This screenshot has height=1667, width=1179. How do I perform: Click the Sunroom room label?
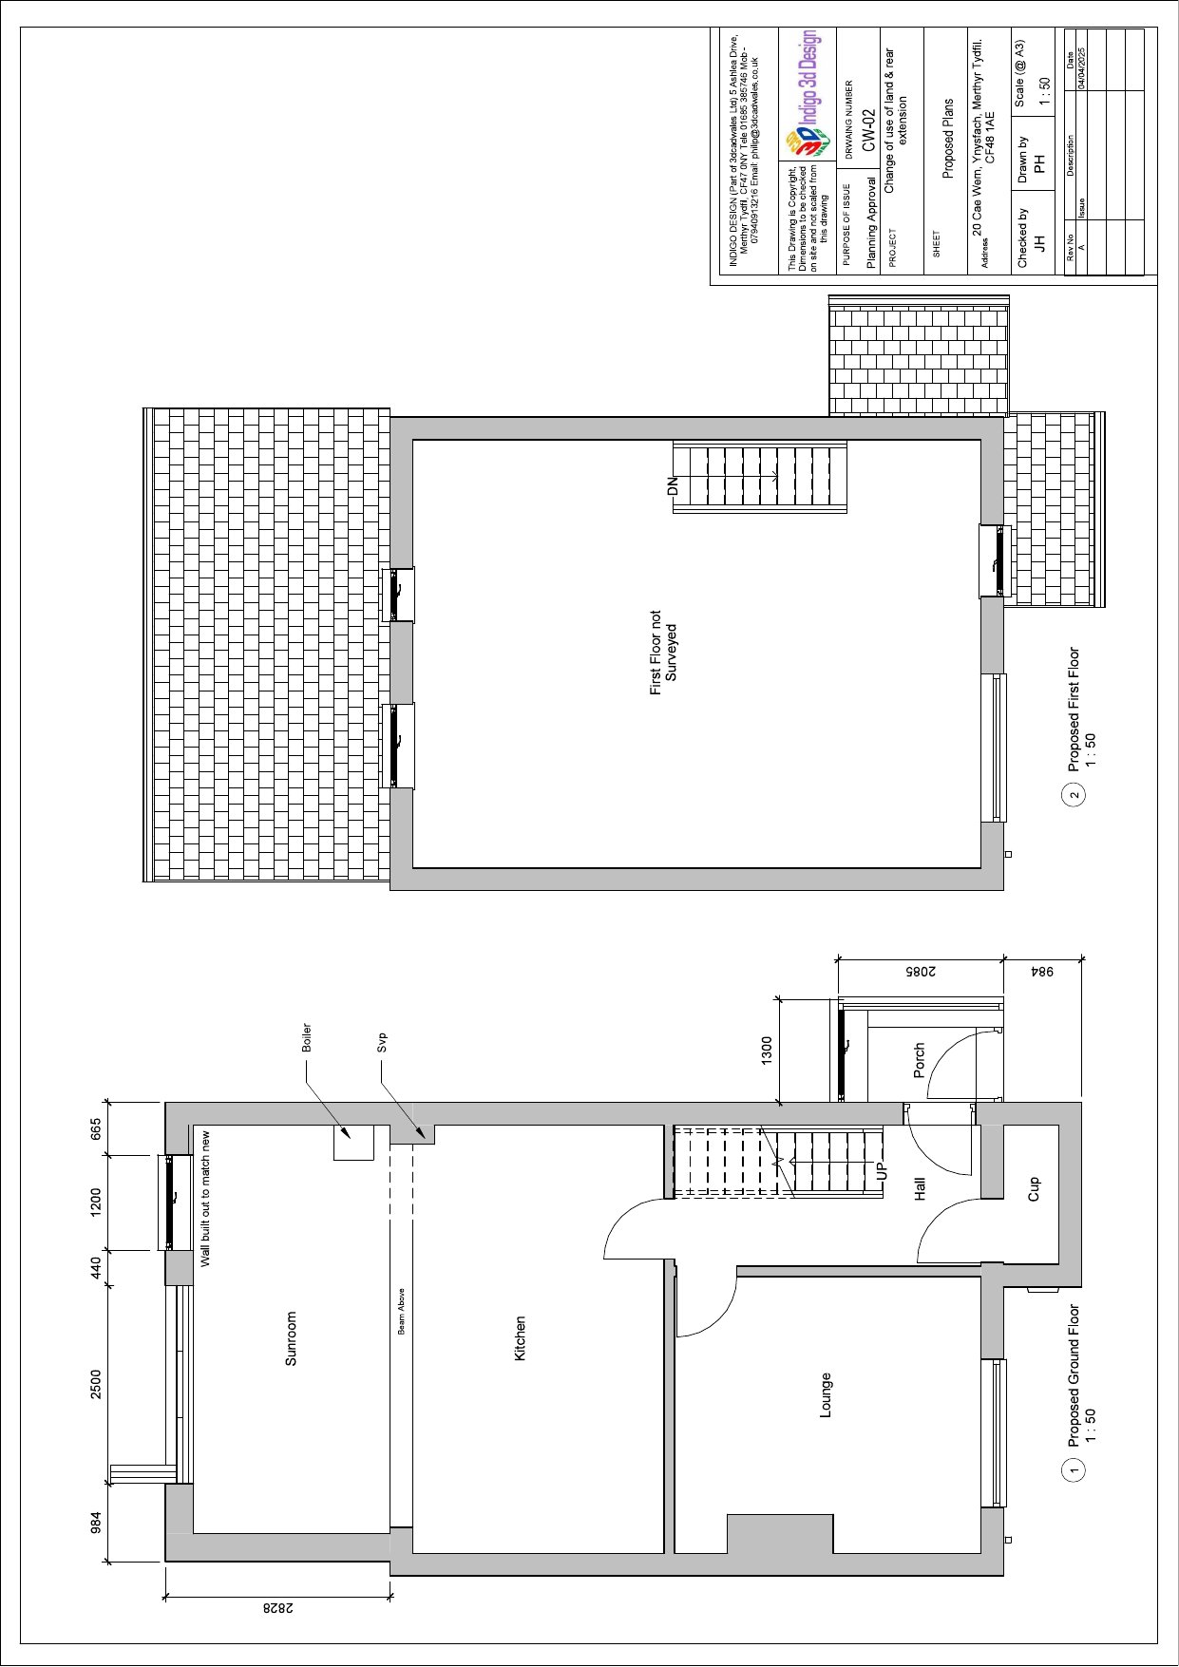pos(291,1338)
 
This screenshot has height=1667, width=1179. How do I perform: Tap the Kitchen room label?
pos(520,1338)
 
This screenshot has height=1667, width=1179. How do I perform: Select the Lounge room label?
pos(825,1395)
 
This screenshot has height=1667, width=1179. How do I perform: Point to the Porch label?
pos(919,1061)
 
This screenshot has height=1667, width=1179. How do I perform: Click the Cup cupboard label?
pos(1034,1189)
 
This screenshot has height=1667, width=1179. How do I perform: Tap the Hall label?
pos(919,1189)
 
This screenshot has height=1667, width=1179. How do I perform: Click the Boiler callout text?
pos(307,1037)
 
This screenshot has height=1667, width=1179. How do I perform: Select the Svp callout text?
pos(382,1042)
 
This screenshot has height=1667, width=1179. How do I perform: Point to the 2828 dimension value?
pos(277,1607)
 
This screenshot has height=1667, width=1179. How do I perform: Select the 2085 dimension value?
pos(920,972)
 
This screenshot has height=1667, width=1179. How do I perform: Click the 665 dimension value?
pos(96,1128)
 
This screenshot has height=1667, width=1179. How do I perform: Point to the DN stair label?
pos(673,486)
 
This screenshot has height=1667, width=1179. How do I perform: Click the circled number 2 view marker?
pos(1074,795)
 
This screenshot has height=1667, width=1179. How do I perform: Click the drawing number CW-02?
pos(868,130)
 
